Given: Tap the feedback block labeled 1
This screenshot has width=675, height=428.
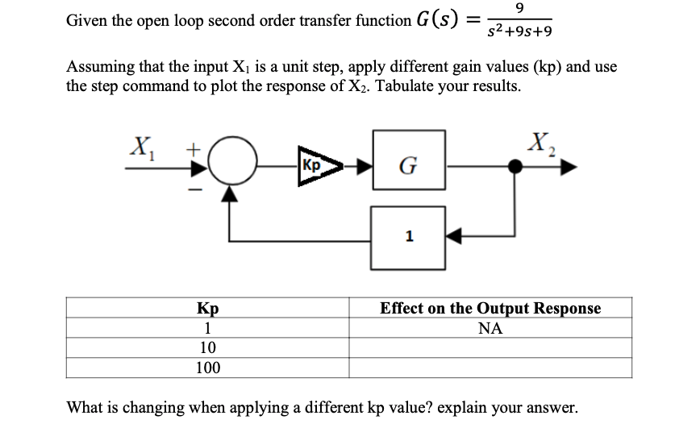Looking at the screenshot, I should [409, 238].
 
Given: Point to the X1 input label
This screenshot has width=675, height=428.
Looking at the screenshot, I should [144, 148].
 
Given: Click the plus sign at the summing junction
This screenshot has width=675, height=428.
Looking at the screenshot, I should [194, 150].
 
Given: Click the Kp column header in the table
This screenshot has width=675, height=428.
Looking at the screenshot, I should [207, 309].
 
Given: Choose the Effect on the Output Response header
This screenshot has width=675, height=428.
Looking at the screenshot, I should [490, 309].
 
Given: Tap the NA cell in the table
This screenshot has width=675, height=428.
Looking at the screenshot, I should [490, 328].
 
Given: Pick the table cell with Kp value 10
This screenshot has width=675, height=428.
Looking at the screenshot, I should [207, 348].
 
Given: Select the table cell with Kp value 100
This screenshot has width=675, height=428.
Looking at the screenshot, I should [207, 368].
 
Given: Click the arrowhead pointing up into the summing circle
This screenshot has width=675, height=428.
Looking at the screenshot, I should [231, 193].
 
